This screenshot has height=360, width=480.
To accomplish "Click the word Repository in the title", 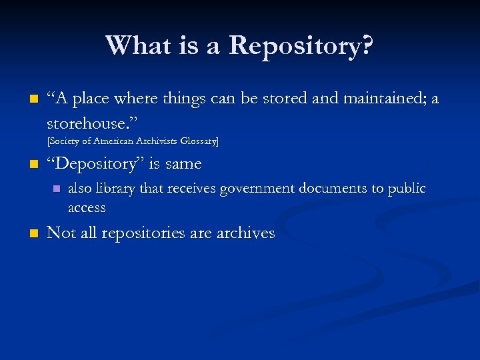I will coord(301,47).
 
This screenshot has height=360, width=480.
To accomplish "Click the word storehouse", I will coord(87,123).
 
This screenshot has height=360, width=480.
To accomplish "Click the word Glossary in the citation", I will coord(197,141).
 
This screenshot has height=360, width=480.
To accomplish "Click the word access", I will coord(87,207).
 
